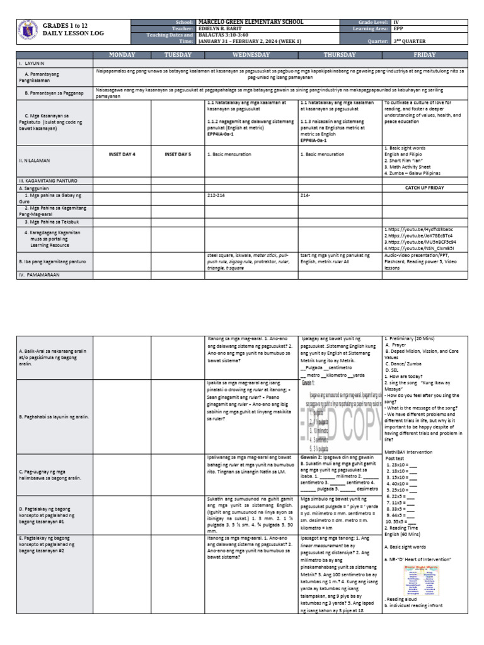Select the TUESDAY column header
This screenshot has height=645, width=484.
pyautogui.click(x=178, y=55)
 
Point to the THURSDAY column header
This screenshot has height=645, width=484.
pyautogui.click(x=340, y=55)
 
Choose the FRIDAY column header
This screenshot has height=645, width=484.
pyautogui.click(x=425, y=55)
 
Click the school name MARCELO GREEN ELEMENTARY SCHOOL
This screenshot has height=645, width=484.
pyautogui.click(x=251, y=22)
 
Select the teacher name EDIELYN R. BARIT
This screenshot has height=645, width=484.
pyautogui.click(x=224, y=28)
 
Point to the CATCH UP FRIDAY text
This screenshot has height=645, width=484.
pyautogui.click(x=425, y=188)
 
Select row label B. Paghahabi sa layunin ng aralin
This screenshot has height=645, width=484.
pyautogui.click(x=54, y=417)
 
